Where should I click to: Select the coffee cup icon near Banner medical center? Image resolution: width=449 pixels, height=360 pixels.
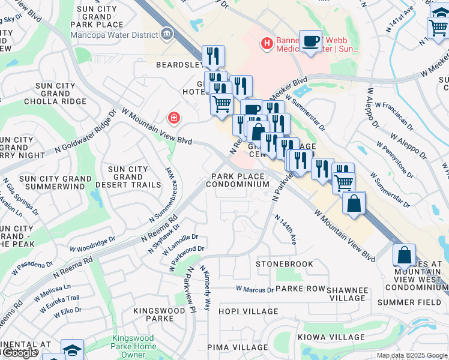tap(310, 41)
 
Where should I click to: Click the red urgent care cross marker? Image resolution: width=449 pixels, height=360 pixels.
tap(174, 118)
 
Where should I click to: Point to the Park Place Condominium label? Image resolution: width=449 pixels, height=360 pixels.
tap(238, 181)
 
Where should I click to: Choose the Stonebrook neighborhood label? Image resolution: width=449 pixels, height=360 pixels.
tap(285, 264)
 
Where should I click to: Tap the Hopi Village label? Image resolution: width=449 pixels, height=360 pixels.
tap(249, 311)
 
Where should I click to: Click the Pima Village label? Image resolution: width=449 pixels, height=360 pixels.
tap(238, 347)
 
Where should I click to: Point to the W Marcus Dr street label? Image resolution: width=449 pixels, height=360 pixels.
tap(255, 289)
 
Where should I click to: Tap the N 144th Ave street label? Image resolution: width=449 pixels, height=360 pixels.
tap(286, 230)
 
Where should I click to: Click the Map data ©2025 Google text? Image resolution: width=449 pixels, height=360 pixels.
tap(412, 355)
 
